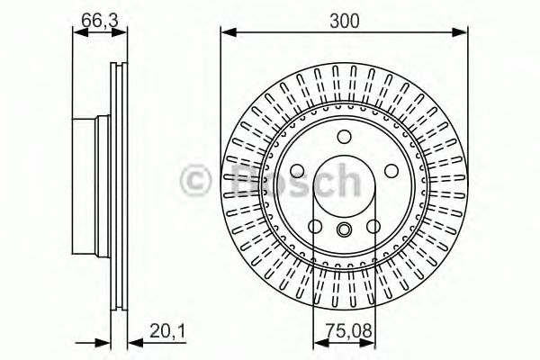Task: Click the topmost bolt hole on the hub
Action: pyautogui.click(x=345, y=136)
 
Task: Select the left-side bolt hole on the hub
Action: pyautogui.click(x=296, y=171)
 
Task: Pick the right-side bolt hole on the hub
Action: pyautogui.click(x=393, y=171)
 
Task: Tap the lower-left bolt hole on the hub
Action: pyautogui.click(x=314, y=227)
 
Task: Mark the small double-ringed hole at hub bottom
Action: pyautogui.click(x=345, y=230)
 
